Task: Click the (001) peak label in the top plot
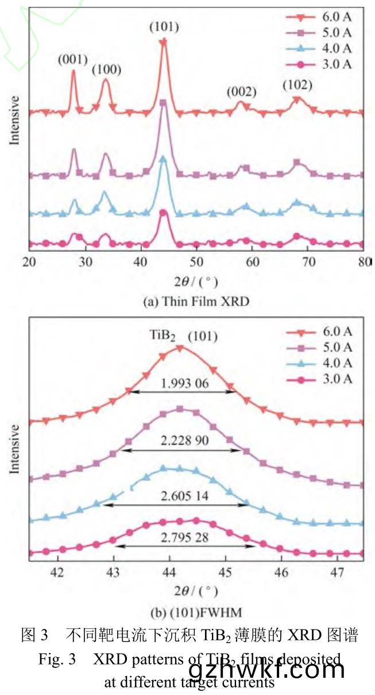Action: [x=72, y=59]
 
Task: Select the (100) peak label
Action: [x=107, y=70]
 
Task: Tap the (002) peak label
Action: [x=241, y=92]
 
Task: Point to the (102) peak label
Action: [x=297, y=86]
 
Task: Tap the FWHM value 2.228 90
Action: [x=180, y=442]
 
